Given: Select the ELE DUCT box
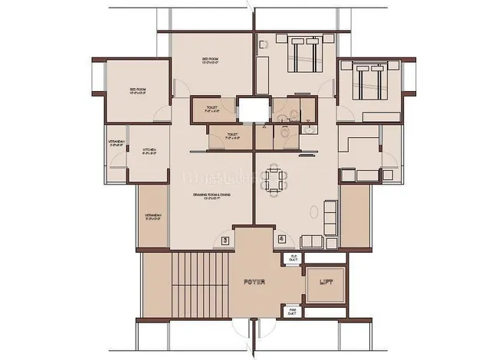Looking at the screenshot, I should pyautogui.click(x=293, y=259).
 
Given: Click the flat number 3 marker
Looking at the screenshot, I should pyautogui.click(x=225, y=240).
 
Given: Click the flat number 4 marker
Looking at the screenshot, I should pyautogui.click(x=282, y=240).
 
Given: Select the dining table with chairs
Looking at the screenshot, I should pyautogui.click(x=274, y=181).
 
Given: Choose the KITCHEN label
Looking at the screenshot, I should pyautogui.click(x=149, y=151).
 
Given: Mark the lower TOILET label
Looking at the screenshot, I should pyautogui.click(x=232, y=136).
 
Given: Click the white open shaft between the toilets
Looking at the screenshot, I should pyautogui.click(x=252, y=109).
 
